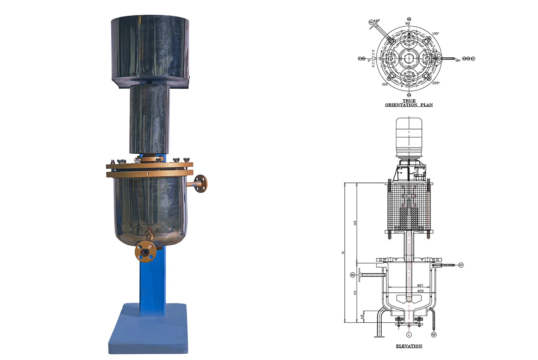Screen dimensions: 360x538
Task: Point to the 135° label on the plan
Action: (435, 33)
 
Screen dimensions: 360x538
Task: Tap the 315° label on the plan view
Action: (385, 84)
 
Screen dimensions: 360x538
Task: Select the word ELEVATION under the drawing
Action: (408, 346)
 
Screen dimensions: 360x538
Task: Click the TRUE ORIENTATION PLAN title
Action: (408, 103)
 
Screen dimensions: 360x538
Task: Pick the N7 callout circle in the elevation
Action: (460, 265)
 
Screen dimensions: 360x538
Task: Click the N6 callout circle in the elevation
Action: (353, 275)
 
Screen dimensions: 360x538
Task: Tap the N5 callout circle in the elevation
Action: (434, 334)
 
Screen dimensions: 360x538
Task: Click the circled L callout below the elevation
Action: (408, 334)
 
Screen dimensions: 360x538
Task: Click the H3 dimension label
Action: (355, 222)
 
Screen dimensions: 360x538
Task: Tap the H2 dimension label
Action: (362, 316)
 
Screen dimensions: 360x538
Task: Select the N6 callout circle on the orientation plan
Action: (371, 22)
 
